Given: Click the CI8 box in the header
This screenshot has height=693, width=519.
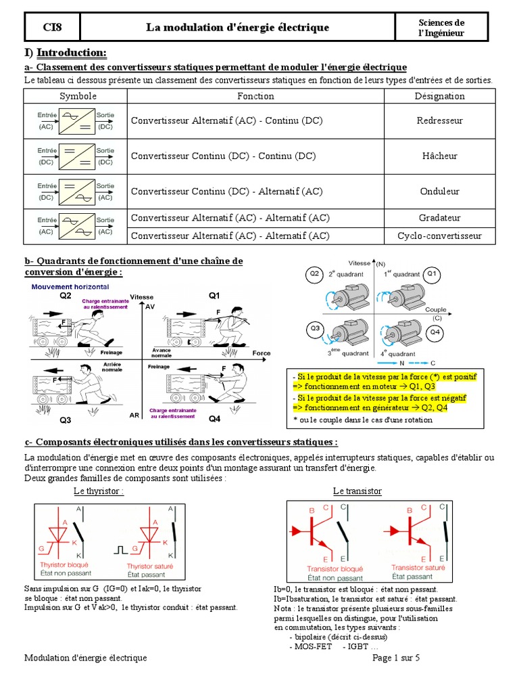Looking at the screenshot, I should tap(51, 27).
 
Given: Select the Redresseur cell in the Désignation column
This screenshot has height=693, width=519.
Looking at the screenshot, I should tap(439, 120).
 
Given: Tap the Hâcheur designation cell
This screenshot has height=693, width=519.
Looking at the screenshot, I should tap(439, 156).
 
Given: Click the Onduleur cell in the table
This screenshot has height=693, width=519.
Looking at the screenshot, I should tap(439, 192).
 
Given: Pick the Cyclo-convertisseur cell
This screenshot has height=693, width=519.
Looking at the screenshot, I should tap(439, 236).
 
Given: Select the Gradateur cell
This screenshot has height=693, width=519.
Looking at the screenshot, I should tap(439, 218).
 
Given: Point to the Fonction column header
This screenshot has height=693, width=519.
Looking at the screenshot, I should tap(255, 96).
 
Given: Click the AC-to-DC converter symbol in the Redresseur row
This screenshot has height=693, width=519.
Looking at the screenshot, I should tap(76, 120).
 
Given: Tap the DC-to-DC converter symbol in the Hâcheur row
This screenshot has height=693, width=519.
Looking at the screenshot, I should tap(76, 156).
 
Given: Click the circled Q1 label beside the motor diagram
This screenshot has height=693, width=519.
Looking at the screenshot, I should tap(432, 274).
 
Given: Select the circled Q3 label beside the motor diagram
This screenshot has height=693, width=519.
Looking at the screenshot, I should tap(315, 329).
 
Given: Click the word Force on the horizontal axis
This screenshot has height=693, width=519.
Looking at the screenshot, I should tap(262, 353).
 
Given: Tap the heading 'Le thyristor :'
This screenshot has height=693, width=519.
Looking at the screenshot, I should tap(99, 491).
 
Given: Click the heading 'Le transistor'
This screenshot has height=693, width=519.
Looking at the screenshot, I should tap(357, 491).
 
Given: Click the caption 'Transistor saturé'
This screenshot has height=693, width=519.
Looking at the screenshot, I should tap(417, 568).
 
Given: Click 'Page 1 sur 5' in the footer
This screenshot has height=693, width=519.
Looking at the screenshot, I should tap(396, 658).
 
